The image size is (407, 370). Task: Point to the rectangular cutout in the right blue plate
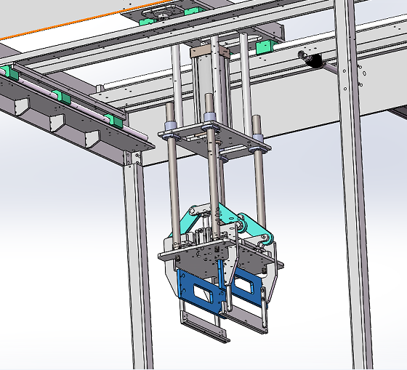click(246, 293)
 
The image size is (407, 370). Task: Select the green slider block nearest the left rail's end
click(110, 119)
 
